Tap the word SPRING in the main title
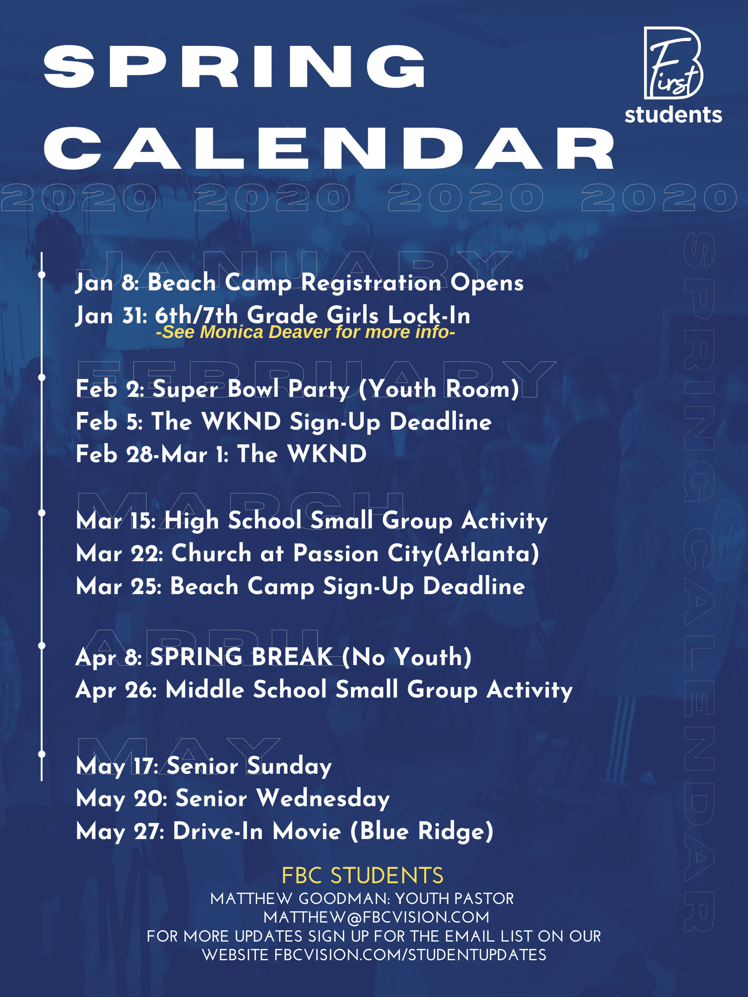(x=235, y=67)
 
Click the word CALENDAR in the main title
(x=330, y=148)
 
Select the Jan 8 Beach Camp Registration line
(x=299, y=282)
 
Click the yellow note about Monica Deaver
(x=306, y=332)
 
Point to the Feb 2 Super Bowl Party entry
(x=298, y=389)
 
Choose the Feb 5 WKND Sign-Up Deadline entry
(x=284, y=422)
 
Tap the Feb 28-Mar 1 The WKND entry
(x=221, y=454)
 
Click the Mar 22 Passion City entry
(x=308, y=554)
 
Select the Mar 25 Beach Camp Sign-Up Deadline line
(x=300, y=586)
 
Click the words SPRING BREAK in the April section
(x=241, y=657)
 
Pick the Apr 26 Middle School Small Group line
(x=324, y=690)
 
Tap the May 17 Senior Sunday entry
(x=204, y=766)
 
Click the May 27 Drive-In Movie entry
(x=285, y=831)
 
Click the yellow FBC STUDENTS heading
(x=363, y=876)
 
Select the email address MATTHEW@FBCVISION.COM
(x=376, y=917)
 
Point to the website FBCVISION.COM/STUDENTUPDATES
(x=410, y=955)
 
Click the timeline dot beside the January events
(x=42, y=275)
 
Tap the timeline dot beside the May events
(x=42, y=754)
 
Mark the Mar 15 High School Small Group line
(x=312, y=521)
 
